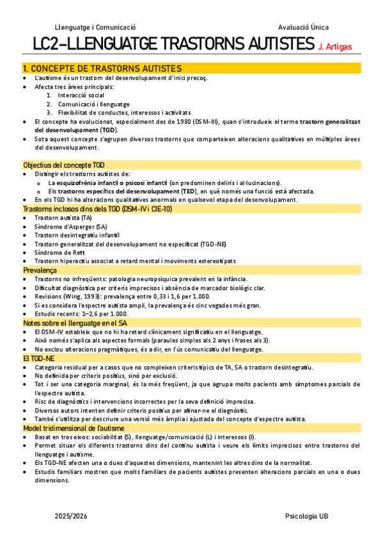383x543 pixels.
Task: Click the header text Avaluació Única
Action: pos(304,28)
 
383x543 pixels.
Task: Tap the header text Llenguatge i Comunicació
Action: pos(95,28)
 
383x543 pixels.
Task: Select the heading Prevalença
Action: pos(40,271)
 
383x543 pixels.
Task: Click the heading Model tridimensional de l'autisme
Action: pos(74,428)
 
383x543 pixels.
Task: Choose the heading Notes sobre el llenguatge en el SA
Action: pos(75,323)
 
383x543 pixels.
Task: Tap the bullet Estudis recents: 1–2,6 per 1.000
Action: pos(81,314)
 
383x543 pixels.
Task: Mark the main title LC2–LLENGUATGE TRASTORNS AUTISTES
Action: pos(173,45)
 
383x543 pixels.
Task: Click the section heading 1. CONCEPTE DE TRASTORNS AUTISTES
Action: pos(102,68)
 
